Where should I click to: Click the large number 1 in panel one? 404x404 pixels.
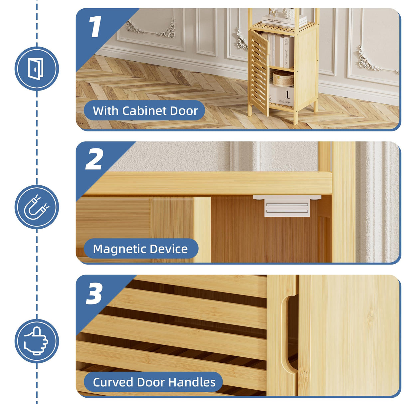(x=95, y=27)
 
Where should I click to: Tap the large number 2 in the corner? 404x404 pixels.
(x=94, y=159)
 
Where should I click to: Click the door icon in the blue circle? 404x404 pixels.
(x=36, y=69)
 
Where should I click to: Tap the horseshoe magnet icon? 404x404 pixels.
(x=36, y=207)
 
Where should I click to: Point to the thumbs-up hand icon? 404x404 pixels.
(x=36, y=341)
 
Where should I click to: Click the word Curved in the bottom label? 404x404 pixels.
(x=112, y=382)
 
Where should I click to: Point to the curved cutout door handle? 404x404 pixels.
(x=286, y=333)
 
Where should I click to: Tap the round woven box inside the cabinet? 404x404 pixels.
(x=283, y=79)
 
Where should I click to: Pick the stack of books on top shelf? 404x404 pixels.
(x=285, y=21)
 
